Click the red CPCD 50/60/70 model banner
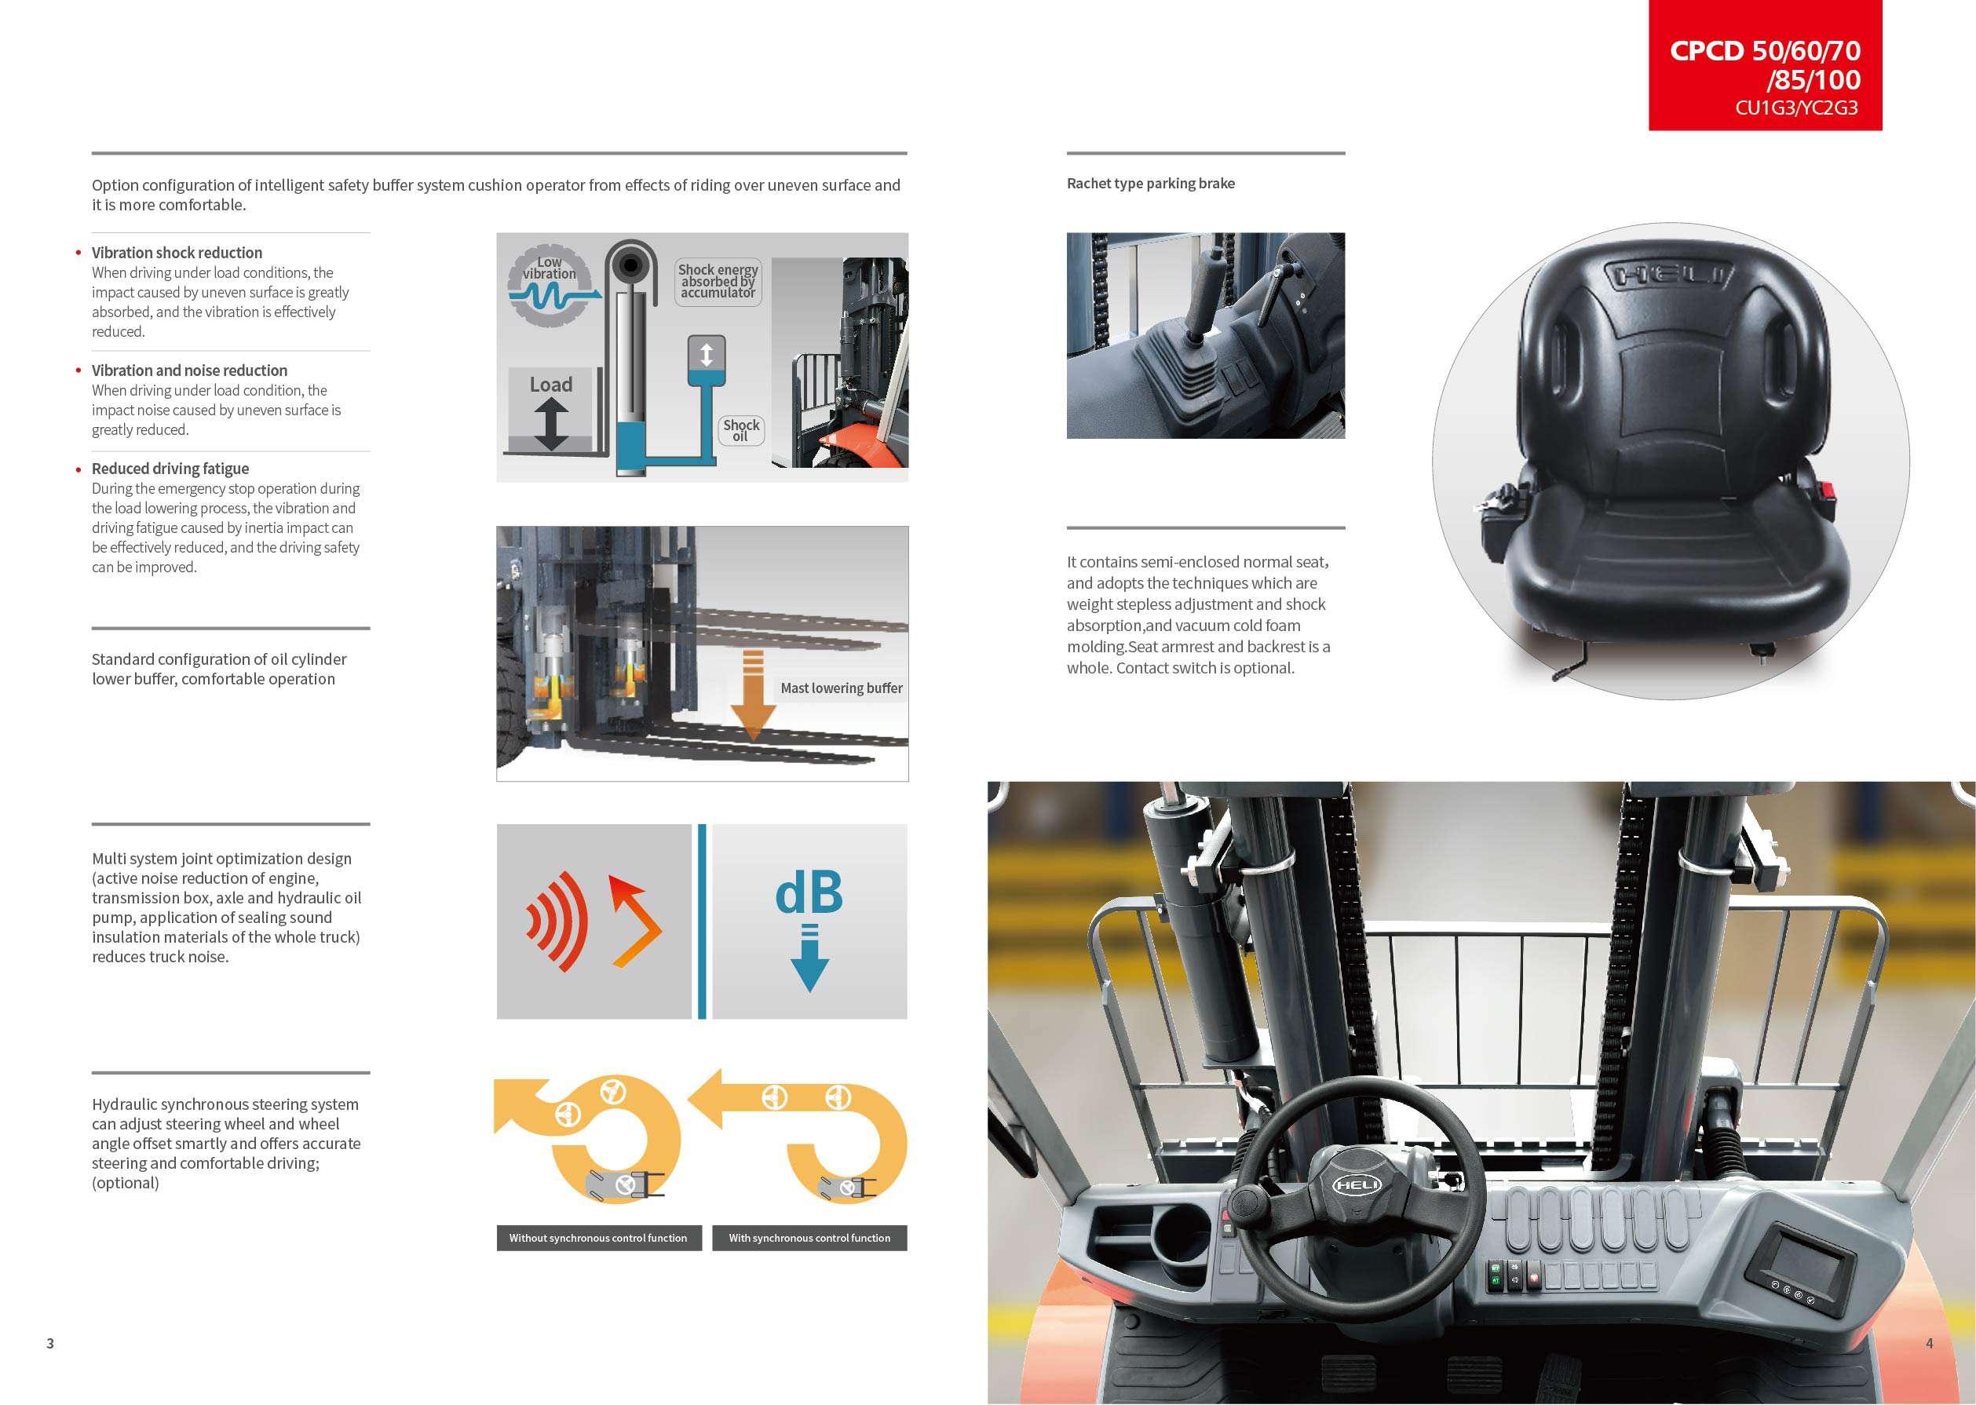click(x=1765, y=65)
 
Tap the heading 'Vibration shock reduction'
click(x=177, y=253)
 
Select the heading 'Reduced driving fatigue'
click(x=170, y=469)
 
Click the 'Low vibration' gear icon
click(x=550, y=286)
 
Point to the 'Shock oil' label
click(x=741, y=430)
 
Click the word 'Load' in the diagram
click(x=551, y=384)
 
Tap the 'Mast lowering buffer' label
click(x=841, y=688)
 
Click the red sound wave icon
click(x=558, y=921)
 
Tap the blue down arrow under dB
click(x=809, y=958)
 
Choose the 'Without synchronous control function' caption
click(x=597, y=1238)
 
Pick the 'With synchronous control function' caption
click(x=809, y=1238)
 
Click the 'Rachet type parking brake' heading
click(x=1151, y=184)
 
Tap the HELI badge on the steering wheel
click(x=1357, y=1184)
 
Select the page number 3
click(x=50, y=1344)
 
